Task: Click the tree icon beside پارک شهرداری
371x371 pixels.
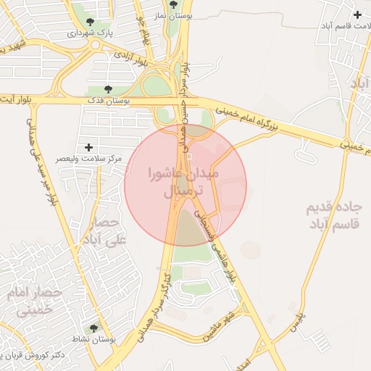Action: coord(90,22)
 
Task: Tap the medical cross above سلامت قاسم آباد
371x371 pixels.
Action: coord(357,14)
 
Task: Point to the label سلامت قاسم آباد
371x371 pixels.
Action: coord(346,26)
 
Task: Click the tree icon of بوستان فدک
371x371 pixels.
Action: coord(108,90)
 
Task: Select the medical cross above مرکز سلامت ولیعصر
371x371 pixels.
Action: coord(88,147)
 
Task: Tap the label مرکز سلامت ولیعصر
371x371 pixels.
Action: coord(90,159)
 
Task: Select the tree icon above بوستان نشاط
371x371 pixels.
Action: coord(93,328)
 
